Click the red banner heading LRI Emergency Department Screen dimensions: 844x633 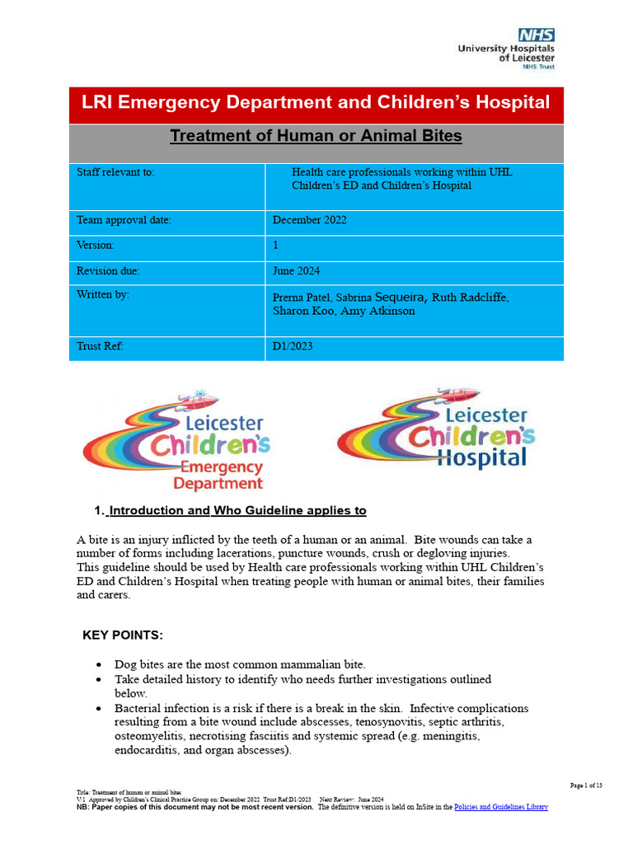[x=316, y=103]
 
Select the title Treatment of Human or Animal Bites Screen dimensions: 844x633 [x=316, y=136]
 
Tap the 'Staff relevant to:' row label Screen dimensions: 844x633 [x=115, y=172]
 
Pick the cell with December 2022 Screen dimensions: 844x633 [x=310, y=220]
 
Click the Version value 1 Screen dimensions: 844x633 [x=276, y=246]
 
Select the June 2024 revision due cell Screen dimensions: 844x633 [x=297, y=271]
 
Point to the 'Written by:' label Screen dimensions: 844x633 [x=103, y=294]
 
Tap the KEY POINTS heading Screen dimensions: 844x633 [x=123, y=635]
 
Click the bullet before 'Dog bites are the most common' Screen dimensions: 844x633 [x=100, y=664]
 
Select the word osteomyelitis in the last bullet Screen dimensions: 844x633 [x=151, y=736]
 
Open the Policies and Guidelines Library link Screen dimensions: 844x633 [x=501, y=808]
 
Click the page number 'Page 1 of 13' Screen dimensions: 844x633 [x=586, y=785]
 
